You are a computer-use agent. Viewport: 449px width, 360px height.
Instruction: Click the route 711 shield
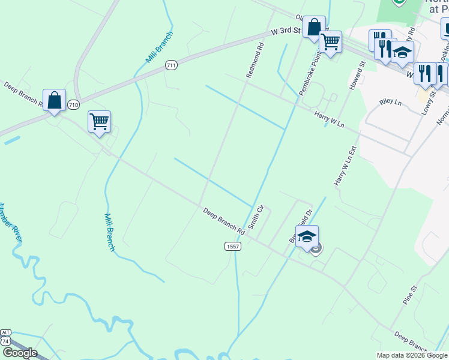click(x=172, y=65)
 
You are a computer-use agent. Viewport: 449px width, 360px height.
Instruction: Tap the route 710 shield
click(x=73, y=104)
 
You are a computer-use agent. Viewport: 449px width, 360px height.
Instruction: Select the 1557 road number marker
click(x=233, y=246)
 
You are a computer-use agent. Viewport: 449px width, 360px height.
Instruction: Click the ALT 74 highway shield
click(x=6, y=336)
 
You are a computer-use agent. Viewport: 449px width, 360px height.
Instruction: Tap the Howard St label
click(x=355, y=76)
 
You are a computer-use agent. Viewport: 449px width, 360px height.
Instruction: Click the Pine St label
click(x=410, y=293)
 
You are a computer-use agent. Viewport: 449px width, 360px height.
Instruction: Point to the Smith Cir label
click(x=256, y=218)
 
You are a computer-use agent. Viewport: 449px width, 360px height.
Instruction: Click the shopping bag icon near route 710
click(x=54, y=100)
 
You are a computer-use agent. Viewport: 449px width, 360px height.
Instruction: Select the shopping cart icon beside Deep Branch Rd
click(x=99, y=121)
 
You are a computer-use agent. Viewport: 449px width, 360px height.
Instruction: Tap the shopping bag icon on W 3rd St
click(x=313, y=27)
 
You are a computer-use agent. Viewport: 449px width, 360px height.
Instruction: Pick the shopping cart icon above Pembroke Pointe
click(x=330, y=42)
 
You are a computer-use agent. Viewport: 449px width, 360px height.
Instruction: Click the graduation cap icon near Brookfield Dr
click(x=307, y=236)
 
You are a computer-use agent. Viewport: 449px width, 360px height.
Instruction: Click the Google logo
click(x=20, y=353)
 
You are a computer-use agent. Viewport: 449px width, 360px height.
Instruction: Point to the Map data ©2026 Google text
click(x=412, y=355)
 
